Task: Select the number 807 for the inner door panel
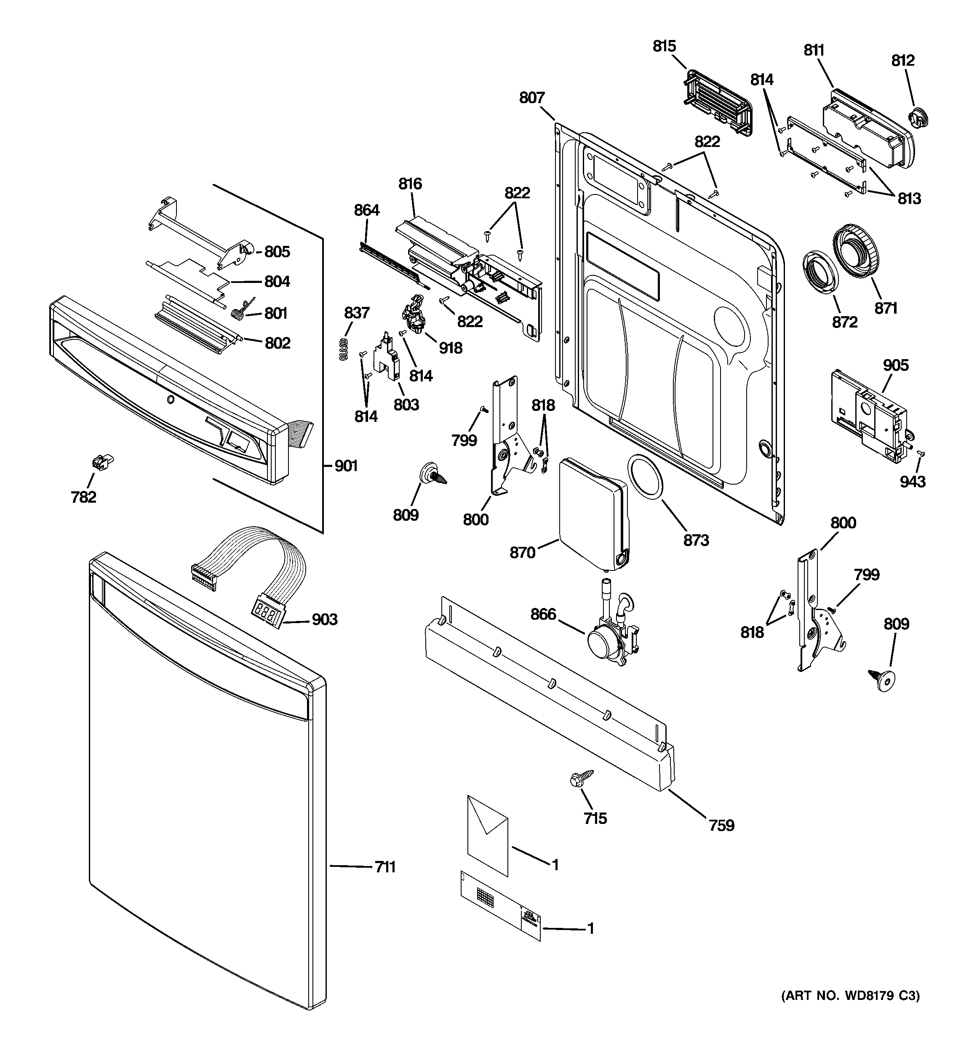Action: click(x=532, y=98)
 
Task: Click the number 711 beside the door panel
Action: click(x=385, y=867)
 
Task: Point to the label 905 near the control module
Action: click(x=895, y=365)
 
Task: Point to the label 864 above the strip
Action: click(x=366, y=210)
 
